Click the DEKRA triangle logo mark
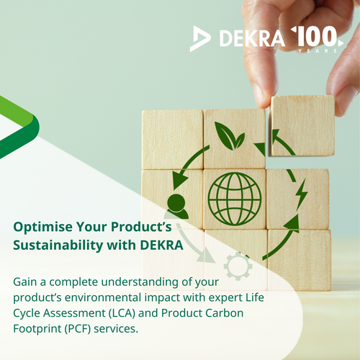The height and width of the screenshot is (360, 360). point(200,39)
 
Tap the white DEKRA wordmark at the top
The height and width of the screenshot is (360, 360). point(252,38)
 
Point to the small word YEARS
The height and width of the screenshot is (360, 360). point(318,51)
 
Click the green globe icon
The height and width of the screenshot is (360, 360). point(235,199)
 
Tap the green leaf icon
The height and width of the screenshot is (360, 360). point(230,136)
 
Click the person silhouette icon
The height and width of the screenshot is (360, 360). point(177,207)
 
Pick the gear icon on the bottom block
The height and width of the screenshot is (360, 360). point(238,266)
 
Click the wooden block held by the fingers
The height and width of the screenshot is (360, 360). point(302,126)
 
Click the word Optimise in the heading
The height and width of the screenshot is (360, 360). point(42,228)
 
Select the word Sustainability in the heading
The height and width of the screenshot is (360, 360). point(58,245)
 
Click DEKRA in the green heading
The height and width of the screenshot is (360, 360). point(162,245)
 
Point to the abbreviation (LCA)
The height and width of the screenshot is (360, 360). point(122,313)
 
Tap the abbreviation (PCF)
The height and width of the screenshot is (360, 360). point(77,329)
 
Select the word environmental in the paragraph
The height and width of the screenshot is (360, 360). point(103,297)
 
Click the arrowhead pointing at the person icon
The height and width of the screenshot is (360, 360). point(179,181)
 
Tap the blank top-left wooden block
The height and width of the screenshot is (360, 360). point(172,140)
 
